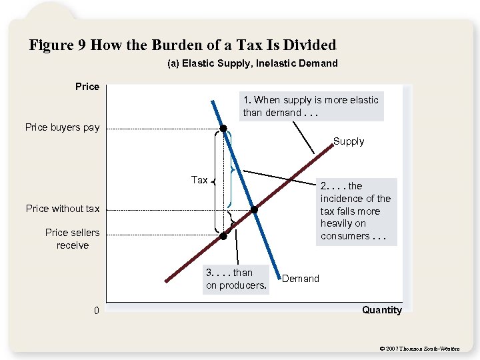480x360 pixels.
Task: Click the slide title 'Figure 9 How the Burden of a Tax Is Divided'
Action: pos(183,45)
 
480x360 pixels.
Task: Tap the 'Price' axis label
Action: pos(87,87)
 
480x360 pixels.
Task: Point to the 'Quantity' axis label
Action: pos(382,310)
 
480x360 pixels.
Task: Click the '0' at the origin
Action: pos(97,311)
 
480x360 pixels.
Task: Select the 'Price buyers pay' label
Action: pos(62,127)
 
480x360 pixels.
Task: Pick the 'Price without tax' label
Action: pos(63,209)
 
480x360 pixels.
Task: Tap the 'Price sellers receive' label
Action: pos(72,239)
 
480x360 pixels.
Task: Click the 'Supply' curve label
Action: pos(349,141)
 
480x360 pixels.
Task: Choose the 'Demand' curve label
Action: pos(301,279)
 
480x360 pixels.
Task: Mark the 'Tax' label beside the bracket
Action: pos(199,180)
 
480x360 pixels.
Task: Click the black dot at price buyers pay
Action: pos(223,128)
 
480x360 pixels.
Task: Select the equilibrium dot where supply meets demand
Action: pos(255,210)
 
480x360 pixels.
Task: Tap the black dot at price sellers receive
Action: pos(223,235)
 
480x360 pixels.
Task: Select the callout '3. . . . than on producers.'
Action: pos(237,279)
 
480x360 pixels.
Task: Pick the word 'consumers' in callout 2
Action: pos(345,236)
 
